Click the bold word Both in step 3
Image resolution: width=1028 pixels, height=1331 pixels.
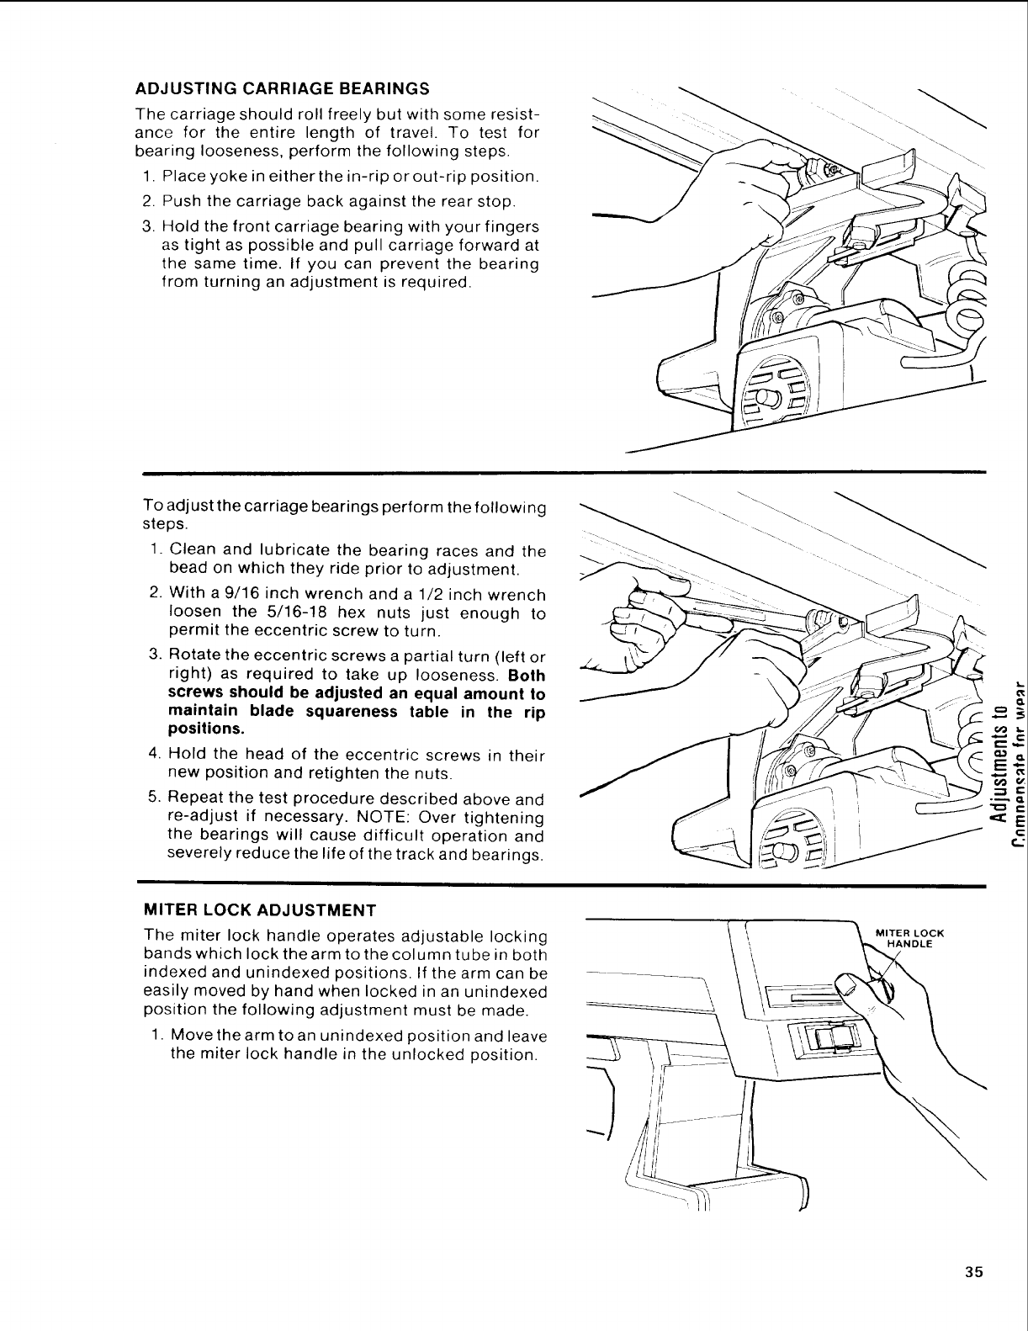click(x=527, y=676)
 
